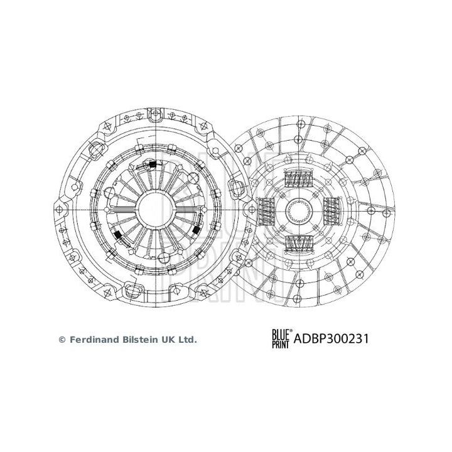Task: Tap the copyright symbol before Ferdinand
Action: (x=62, y=340)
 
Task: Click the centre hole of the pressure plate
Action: (x=153, y=205)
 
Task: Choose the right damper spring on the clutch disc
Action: (x=332, y=210)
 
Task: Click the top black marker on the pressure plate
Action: (x=151, y=166)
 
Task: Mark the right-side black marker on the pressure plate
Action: (x=195, y=230)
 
